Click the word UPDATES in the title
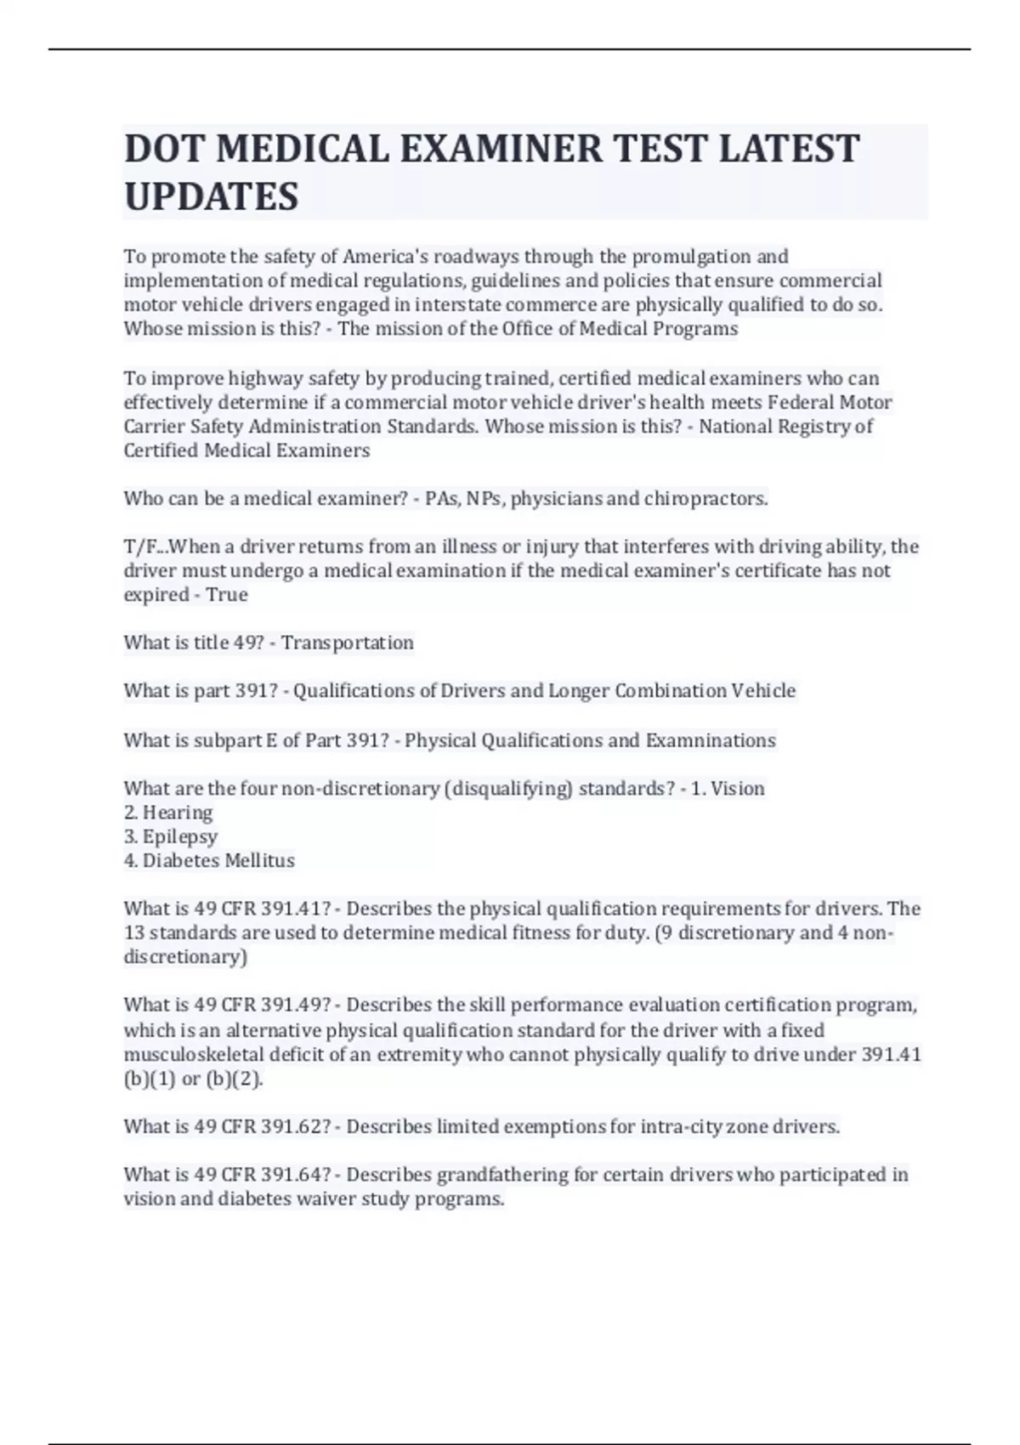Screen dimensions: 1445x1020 pyautogui.click(x=212, y=196)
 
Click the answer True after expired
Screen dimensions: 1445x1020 pyautogui.click(x=227, y=594)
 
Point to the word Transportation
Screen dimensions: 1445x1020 pyautogui.click(x=348, y=643)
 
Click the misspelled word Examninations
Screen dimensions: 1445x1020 pyautogui.click(x=711, y=740)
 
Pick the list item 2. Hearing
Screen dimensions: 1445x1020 pyautogui.click(x=168, y=813)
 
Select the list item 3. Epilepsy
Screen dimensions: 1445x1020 pyautogui.click(x=171, y=836)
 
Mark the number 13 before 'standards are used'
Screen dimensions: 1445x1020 pyautogui.click(x=134, y=932)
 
